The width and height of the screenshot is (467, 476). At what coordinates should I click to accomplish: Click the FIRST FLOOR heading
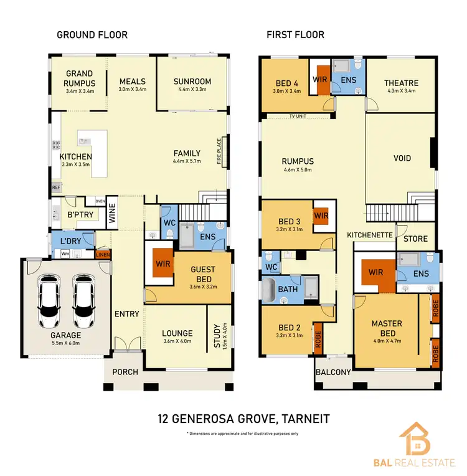pos(295,35)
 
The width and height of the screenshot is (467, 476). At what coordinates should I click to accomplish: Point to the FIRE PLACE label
pos(220,153)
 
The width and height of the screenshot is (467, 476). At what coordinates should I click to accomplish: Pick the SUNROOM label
pos(192,82)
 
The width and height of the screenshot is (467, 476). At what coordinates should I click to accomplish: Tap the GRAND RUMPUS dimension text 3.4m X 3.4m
pos(79,91)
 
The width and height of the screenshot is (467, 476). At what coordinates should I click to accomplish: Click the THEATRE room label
pos(401,83)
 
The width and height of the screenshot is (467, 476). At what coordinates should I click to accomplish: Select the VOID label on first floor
pos(402,158)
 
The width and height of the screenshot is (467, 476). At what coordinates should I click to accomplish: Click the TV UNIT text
pos(299,117)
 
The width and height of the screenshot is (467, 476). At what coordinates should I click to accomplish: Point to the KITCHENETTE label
pos(369,235)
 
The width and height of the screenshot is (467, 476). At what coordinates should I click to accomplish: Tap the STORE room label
pos(415,239)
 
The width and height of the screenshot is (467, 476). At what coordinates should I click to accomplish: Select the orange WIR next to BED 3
pos(321,215)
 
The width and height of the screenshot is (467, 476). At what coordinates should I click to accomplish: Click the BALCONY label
pos(333,373)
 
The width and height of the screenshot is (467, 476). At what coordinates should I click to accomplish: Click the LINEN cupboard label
pos(102,254)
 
